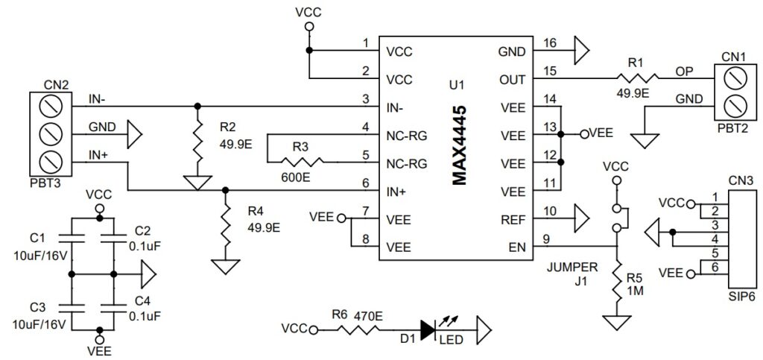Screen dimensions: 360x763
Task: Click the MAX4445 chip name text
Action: point(459,145)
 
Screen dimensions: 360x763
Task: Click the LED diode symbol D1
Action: point(427,328)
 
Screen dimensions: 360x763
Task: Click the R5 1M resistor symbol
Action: point(618,283)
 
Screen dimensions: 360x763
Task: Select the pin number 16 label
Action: point(551,44)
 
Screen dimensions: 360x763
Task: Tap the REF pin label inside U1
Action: point(513,219)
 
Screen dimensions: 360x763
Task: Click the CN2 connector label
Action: point(57,85)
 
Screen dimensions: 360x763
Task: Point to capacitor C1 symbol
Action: point(71,238)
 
